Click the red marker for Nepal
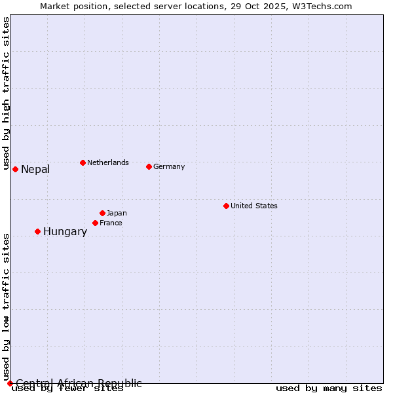click(15, 169)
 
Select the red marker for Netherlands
click(83, 162)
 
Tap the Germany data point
click(149, 166)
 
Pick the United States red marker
click(226, 206)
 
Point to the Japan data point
click(102, 213)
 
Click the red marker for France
click(95, 223)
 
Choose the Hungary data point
click(37, 231)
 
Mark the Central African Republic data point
click(10, 383)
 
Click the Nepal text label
click(35, 170)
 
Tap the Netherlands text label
click(108, 162)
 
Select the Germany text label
click(169, 166)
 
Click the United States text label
click(254, 206)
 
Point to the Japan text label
click(117, 213)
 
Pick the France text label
click(111, 223)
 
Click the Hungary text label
click(65, 232)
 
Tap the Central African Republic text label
click(79, 383)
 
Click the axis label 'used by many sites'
click(329, 388)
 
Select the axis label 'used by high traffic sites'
click(6, 94)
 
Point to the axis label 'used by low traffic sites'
click(6, 307)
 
